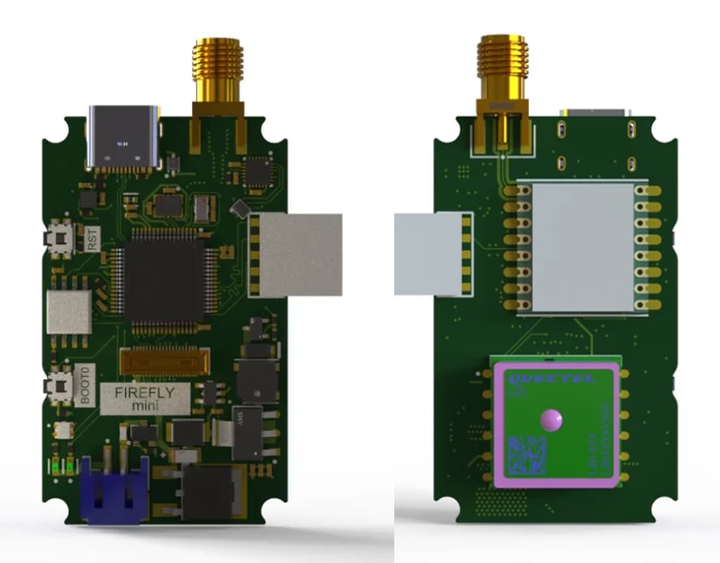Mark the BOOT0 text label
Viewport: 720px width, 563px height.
coord(84,386)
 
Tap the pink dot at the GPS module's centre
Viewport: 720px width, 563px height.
coord(550,420)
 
